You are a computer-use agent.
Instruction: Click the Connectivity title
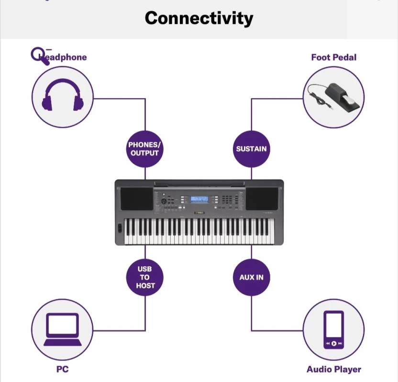(x=199, y=18)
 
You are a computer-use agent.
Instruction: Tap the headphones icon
(x=63, y=96)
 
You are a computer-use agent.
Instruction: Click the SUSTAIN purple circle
(x=251, y=148)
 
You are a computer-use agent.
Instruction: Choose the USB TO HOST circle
(x=144, y=277)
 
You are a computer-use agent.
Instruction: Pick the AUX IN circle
(x=251, y=277)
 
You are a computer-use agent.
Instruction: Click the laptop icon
(x=62, y=330)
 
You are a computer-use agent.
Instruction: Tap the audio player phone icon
(x=333, y=329)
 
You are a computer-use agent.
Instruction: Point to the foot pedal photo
(x=333, y=97)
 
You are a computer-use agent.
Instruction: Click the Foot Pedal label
(x=333, y=57)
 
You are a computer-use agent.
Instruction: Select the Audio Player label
(x=333, y=369)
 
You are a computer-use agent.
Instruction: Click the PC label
(x=62, y=369)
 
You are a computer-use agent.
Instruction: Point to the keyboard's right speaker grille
(x=262, y=198)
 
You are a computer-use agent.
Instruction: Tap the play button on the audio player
(x=333, y=343)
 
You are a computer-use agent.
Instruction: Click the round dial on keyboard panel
(x=164, y=202)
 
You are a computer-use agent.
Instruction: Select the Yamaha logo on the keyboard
(x=199, y=213)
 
